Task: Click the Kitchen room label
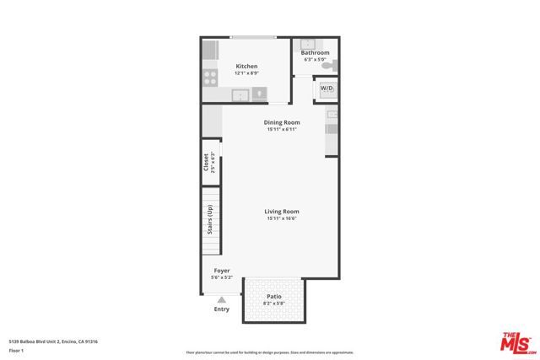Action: pos(246,66)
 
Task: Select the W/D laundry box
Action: pos(326,88)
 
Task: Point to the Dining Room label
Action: pos(281,122)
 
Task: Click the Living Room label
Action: pos(282,212)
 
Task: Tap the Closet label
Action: pos(207,162)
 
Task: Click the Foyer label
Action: pos(222,271)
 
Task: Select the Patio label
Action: pos(274,297)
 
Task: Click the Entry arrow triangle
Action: pos(222,299)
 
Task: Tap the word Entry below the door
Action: pos(222,309)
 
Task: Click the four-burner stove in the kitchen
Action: pos(210,78)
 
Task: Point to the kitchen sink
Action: pos(240,94)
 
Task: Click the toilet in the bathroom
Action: pos(332,65)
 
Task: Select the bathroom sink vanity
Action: pos(308,44)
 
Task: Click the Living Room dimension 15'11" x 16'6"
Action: pos(282,219)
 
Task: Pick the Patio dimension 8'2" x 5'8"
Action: pos(274,304)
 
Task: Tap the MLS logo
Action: pos(518,341)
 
